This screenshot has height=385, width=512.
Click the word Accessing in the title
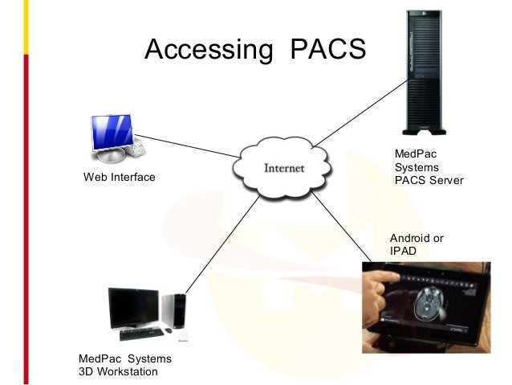pyautogui.click(x=208, y=50)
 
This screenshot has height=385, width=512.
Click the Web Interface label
pyautogui.click(x=120, y=177)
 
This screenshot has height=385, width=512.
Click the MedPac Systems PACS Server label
pyautogui.click(x=429, y=166)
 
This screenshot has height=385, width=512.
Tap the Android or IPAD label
pyautogui.click(x=417, y=245)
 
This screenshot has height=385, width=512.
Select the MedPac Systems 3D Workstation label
pyautogui.click(x=124, y=365)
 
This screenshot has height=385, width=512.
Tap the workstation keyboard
pyautogui.click(x=141, y=334)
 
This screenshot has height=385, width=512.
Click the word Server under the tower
pyautogui.click(x=446, y=180)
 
